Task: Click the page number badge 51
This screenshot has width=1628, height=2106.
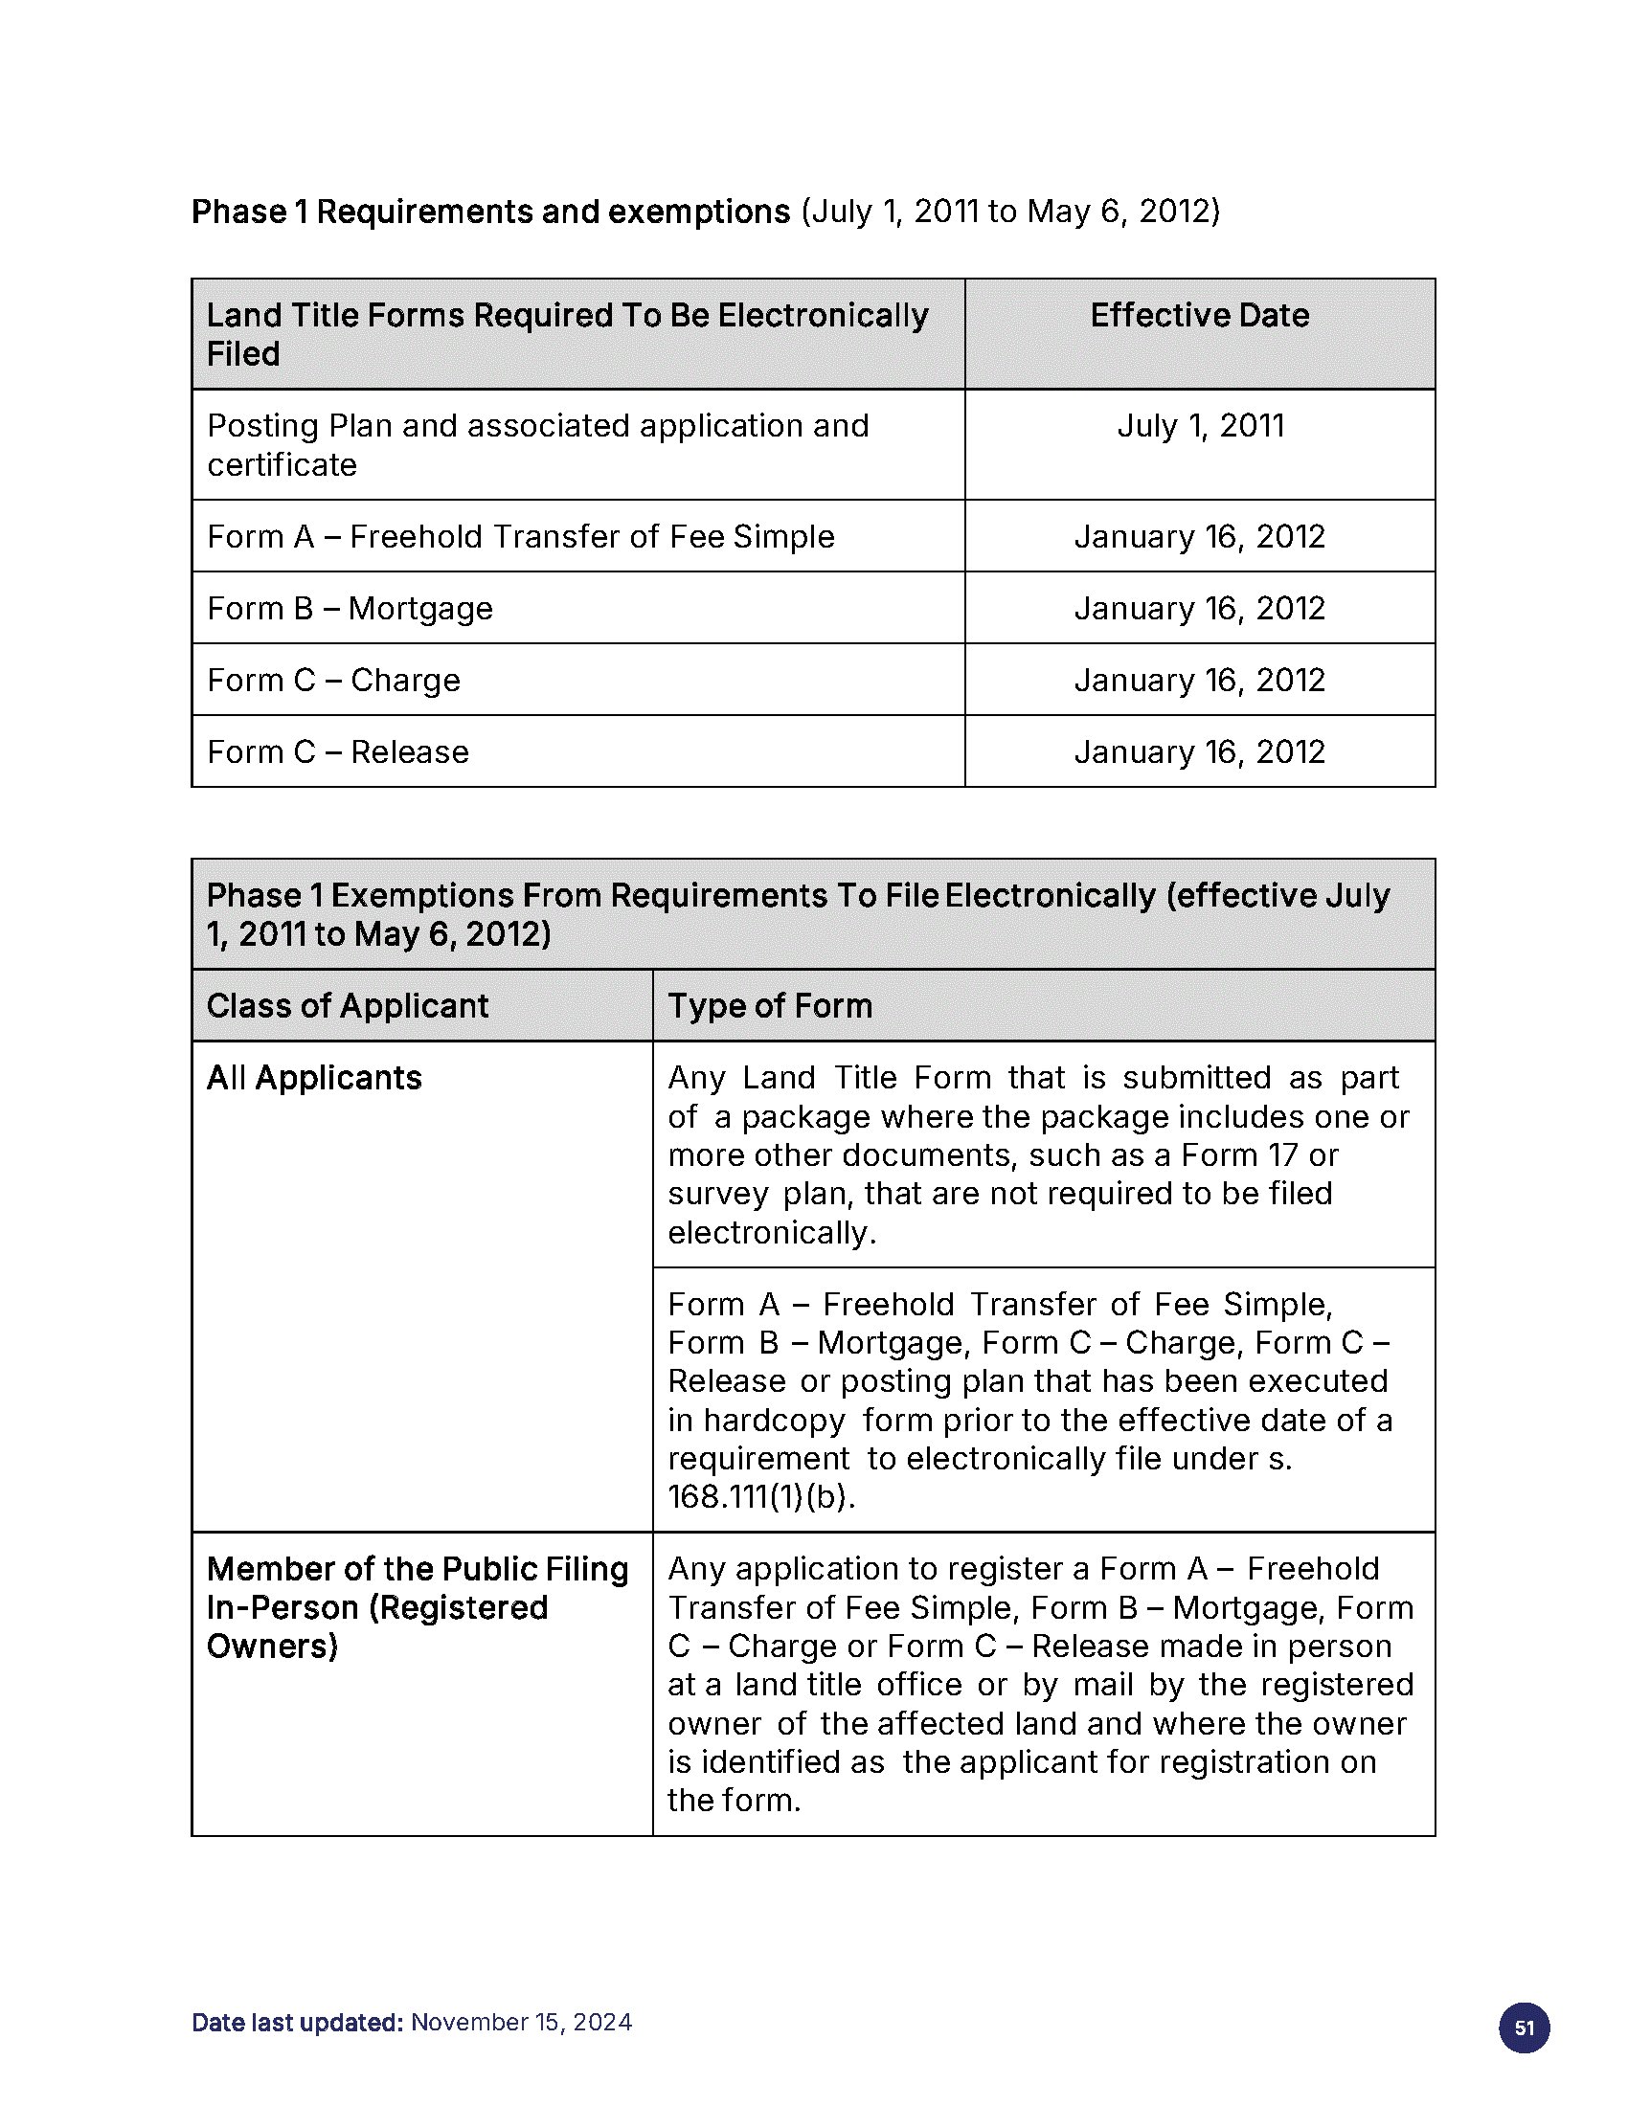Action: (1524, 2027)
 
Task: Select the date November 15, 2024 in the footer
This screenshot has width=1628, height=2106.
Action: (521, 2021)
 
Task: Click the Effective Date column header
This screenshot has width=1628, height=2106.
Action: (1199, 315)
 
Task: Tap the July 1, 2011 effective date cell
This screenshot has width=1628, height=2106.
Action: (1200, 425)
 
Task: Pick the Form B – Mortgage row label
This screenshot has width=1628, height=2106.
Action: (350, 609)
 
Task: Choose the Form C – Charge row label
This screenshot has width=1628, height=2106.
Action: (333, 680)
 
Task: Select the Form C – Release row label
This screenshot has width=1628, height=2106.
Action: (337, 751)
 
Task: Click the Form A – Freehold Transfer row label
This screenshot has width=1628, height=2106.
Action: (521, 536)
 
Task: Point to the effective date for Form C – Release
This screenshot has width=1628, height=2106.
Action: (1199, 751)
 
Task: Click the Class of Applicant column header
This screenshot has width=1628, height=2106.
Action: (348, 1006)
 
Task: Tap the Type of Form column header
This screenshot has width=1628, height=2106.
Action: (770, 1006)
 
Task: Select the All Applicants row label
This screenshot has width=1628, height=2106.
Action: (314, 1077)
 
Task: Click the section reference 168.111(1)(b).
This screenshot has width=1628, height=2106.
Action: (761, 1496)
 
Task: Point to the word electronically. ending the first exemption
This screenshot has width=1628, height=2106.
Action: (772, 1232)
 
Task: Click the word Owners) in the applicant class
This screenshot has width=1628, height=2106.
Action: (272, 1647)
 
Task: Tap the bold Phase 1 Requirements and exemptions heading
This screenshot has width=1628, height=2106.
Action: (490, 212)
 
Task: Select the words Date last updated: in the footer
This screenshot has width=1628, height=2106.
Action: (297, 2021)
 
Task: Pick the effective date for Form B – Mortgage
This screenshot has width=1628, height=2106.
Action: (1199, 609)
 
